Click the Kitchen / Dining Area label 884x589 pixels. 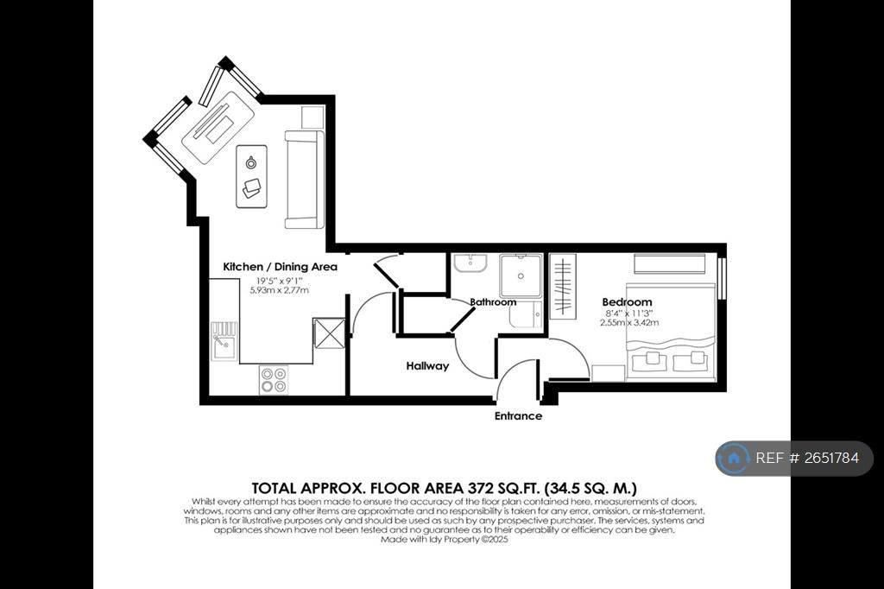pyautogui.click(x=281, y=267)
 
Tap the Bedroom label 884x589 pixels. pyautogui.click(x=627, y=301)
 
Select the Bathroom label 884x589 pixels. pyautogui.click(x=493, y=301)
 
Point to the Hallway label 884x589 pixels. pyautogui.click(x=427, y=366)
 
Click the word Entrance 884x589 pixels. pyautogui.click(x=518, y=416)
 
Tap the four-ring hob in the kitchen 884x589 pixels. pyautogui.click(x=274, y=380)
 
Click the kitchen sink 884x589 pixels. pyautogui.click(x=224, y=341)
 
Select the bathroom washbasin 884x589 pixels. pyautogui.click(x=470, y=263)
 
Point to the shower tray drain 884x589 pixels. pyautogui.click(x=521, y=276)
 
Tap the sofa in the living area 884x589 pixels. pyautogui.click(x=305, y=180)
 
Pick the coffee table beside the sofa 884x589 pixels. pyautogui.click(x=251, y=176)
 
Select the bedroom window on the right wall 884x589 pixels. pyautogui.click(x=721, y=279)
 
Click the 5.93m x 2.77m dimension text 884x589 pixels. pyautogui.click(x=280, y=290)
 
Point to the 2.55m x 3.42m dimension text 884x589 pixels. pyautogui.click(x=629, y=323)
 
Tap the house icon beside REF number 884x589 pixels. pyautogui.click(x=734, y=458)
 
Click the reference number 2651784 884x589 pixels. pyautogui.click(x=831, y=458)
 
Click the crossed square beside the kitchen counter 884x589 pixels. pyautogui.click(x=329, y=333)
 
